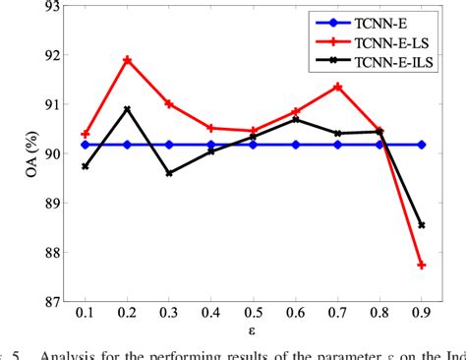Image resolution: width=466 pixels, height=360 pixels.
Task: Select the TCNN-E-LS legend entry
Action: (393, 43)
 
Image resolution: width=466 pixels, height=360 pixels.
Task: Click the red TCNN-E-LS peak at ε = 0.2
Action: (128, 60)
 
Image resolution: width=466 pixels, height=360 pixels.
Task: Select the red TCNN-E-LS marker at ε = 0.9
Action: (422, 265)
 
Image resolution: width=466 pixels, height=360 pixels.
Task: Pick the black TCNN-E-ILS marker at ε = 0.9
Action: (422, 225)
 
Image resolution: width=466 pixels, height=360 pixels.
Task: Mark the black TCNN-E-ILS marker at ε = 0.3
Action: (169, 173)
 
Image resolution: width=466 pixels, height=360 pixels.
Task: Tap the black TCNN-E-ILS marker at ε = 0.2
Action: (128, 109)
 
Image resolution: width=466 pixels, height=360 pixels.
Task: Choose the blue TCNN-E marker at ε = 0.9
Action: (422, 145)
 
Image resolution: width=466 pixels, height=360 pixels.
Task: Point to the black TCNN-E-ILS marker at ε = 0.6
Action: (296, 120)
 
